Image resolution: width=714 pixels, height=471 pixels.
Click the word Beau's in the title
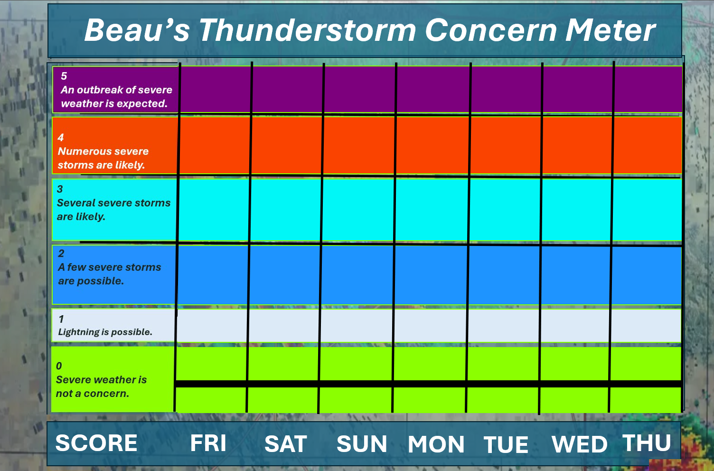[x=137, y=30]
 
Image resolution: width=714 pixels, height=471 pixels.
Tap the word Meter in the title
[x=610, y=30]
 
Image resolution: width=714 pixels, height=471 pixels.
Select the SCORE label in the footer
[x=96, y=443]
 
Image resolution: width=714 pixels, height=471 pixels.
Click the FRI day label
[x=208, y=443]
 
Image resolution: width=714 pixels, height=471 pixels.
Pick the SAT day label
[x=286, y=443]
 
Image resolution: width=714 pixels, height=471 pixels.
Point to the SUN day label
[x=362, y=443]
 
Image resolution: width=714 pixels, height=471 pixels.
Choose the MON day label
[x=436, y=444]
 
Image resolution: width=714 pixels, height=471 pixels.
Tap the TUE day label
[x=506, y=444]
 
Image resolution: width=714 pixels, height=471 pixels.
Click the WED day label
[x=580, y=444]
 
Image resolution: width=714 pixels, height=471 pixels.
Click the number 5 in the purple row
[x=64, y=76]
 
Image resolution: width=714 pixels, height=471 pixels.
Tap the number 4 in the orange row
[x=61, y=137]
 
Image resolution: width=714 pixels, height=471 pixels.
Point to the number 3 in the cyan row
[x=60, y=189]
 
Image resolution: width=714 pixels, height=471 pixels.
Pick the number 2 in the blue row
[x=61, y=253]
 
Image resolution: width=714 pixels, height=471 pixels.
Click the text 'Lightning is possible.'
[x=105, y=332]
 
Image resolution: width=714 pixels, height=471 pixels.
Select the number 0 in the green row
[x=59, y=366]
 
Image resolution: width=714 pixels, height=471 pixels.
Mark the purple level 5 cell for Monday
[x=433, y=89]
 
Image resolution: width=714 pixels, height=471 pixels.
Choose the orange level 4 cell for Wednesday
[x=577, y=145]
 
